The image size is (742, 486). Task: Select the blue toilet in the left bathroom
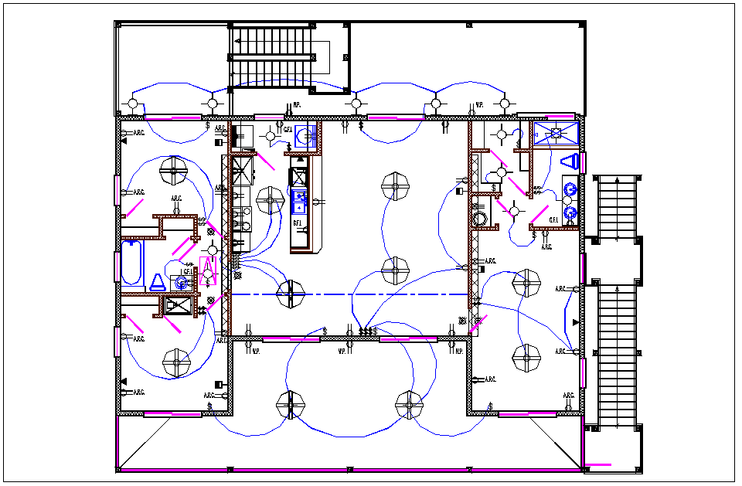coord(158,281)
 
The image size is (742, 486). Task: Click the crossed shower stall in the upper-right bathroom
coord(555,133)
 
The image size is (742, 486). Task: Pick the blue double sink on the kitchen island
coord(298,202)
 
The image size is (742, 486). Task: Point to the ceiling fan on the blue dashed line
coord(291,294)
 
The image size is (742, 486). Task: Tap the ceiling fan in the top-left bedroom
coord(174,172)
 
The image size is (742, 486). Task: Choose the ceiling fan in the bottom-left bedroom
coord(177,361)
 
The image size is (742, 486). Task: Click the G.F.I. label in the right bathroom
coord(553,220)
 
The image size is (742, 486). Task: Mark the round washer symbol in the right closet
coord(482,218)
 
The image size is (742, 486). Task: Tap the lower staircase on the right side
coord(615,353)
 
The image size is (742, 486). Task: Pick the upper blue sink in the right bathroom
coord(570,189)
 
